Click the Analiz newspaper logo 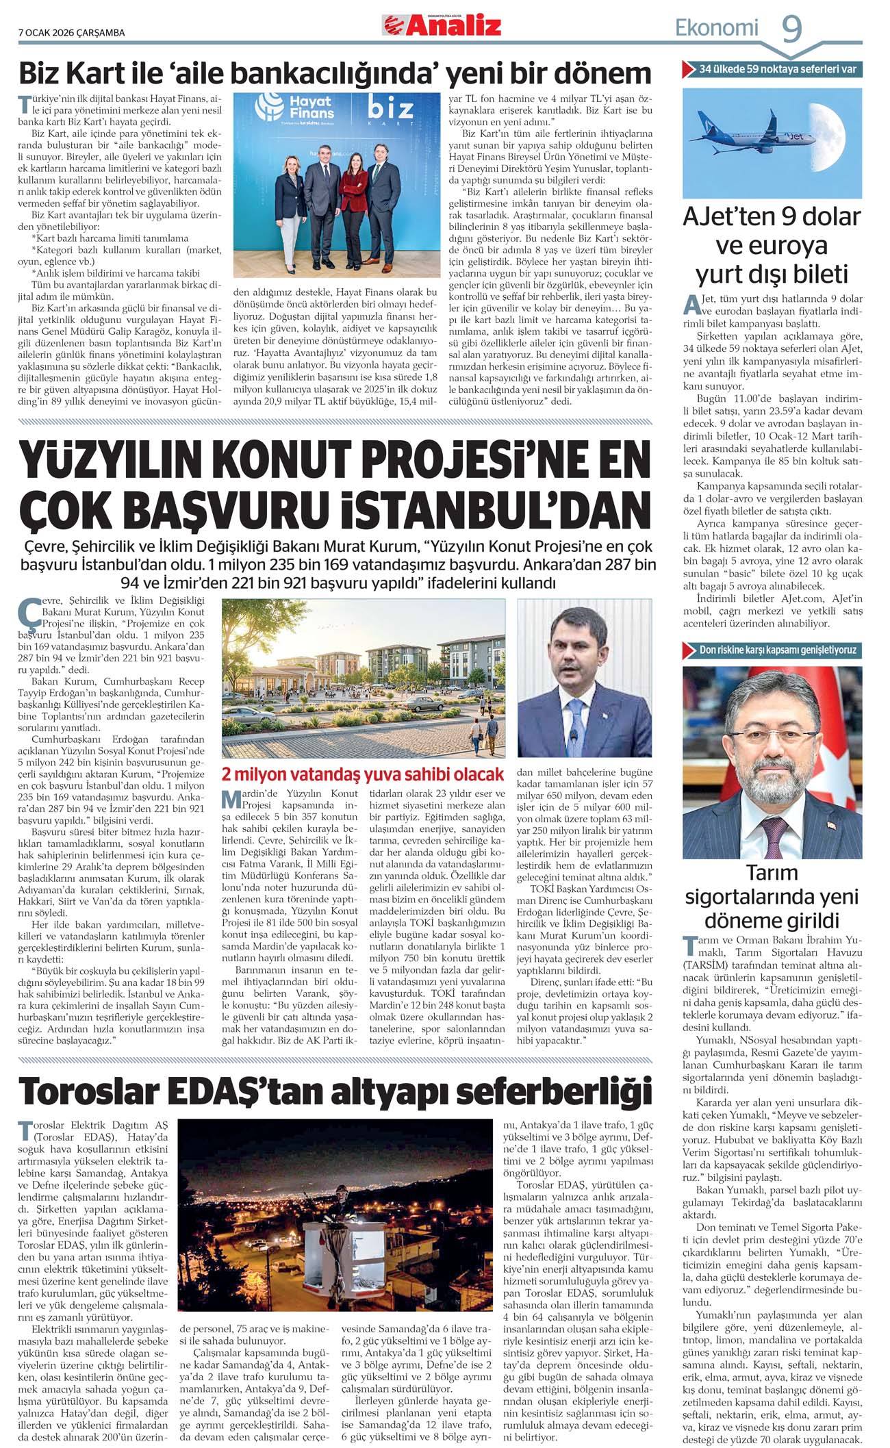tap(442, 25)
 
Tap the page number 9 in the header tap(791, 29)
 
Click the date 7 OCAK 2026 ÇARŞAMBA tap(71, 32)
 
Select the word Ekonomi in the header tap(716, 28)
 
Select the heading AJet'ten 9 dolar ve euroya tap(772, 244)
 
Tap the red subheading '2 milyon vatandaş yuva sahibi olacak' tap(362, 774)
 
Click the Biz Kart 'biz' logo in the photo tap(390, 110)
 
